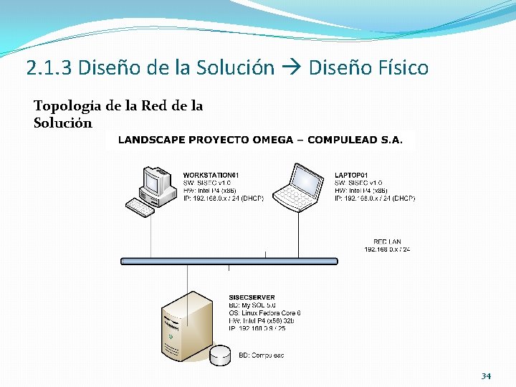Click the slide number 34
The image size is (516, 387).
click(x=486, y=376)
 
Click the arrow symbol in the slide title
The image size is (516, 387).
click(x=291, y=68)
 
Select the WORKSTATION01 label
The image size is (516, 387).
click(x=211, y=175)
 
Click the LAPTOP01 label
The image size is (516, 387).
click(x=351, y=175)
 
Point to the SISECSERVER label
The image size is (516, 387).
click(x=252, y=297)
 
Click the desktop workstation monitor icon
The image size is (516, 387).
click(x=159, y=183)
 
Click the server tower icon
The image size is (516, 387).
click(x=186, y=326)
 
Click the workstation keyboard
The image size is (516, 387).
click(x=140, y=208)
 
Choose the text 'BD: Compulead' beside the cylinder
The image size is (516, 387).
click(x=261, y=355)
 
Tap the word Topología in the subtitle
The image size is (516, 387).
click(x=67, y=106)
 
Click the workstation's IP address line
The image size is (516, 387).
click(x=223, y=198)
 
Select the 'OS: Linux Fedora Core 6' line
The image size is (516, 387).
click(x=264, y=313)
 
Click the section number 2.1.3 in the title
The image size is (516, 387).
click(x=49, y=68)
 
